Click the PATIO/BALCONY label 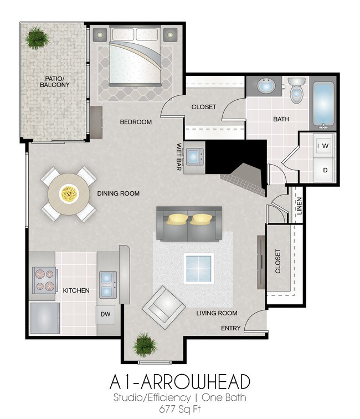[x=54, y=81]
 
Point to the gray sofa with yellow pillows [x=189, y=223]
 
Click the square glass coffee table [x=199, y=268]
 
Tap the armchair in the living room [x=163, y=308]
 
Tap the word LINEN [x=299, y=206]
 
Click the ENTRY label [x=230, y=328]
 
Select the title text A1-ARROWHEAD [x=179, y=382]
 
